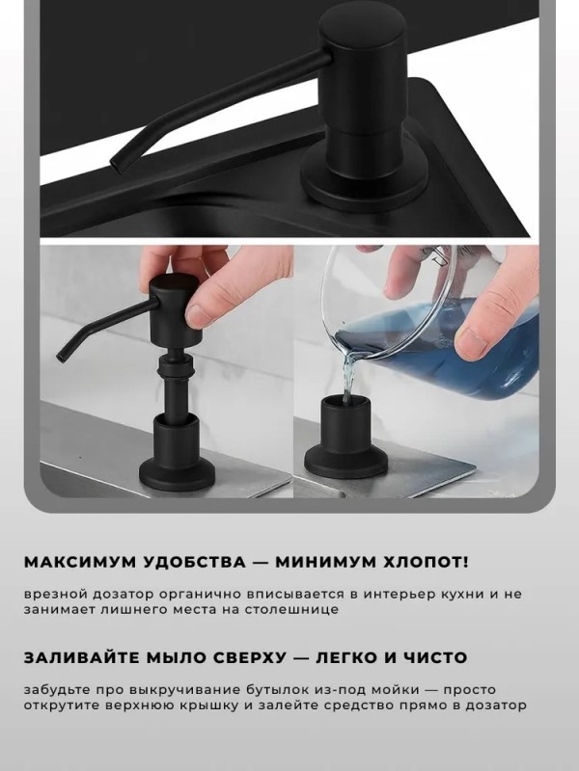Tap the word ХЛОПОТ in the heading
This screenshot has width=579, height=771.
421,562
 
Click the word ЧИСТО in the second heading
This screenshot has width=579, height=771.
435,657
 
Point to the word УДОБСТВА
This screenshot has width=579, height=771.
194,562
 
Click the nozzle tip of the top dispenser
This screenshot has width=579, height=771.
115,165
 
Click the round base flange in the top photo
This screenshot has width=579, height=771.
364,183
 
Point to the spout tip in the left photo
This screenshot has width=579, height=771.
61,358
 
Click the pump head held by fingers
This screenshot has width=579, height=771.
176,309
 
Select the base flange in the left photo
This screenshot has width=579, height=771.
177,473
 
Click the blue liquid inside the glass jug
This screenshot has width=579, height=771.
438,347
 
